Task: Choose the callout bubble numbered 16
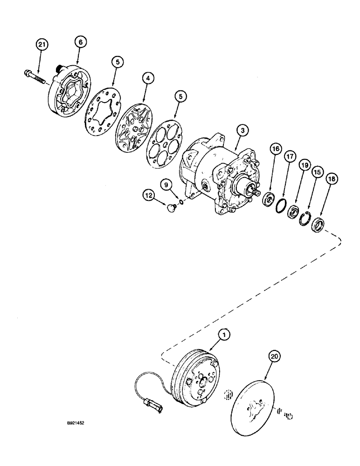275,149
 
